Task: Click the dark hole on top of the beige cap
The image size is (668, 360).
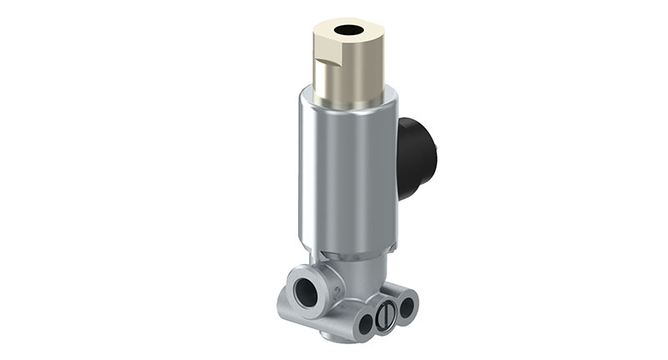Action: [348, 31]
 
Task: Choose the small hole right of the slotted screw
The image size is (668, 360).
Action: [407, 307]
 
